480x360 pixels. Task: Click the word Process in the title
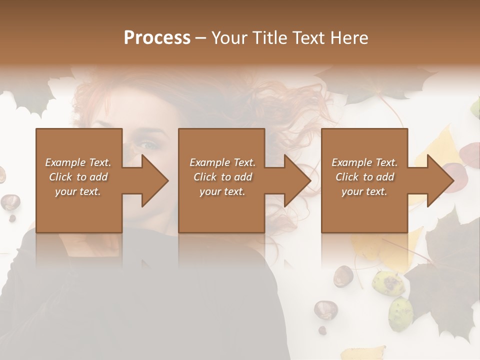tap(157, 38)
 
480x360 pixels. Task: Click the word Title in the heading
tap(268, 38)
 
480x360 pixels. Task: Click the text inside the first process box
tap(78, 177)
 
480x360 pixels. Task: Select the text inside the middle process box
tap(222, 177)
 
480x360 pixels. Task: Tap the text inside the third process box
tap(364, 177)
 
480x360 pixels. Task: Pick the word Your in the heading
tap(229, 38)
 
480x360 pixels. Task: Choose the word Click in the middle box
tap(205, 177)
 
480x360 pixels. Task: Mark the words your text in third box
tap(364, 191)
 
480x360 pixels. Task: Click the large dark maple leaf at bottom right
tap(442, 270)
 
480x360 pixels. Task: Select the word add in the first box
tap(99, 177)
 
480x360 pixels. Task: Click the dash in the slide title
tap(200, 38)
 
